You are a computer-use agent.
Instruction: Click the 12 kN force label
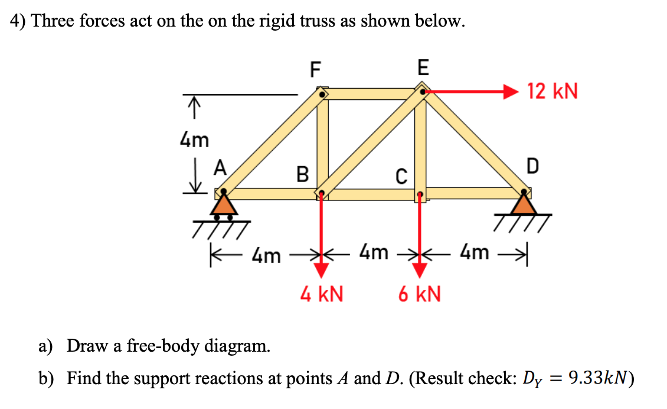point(552,92)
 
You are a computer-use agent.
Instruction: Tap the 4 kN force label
point(322,294)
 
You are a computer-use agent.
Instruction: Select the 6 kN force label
point(419,294)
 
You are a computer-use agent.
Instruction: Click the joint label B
point(302,174)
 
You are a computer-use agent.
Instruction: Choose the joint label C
point(401,176)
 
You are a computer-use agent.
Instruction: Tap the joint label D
point(532,167)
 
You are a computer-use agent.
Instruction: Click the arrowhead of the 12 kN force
point(511,92)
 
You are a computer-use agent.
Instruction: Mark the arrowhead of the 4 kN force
point(321,270)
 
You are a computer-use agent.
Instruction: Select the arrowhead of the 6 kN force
point(420,270)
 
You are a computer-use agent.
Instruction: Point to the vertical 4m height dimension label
point(194,140)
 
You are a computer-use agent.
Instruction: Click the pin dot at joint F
point(322,93)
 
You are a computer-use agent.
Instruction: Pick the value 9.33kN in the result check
point(596,377)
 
